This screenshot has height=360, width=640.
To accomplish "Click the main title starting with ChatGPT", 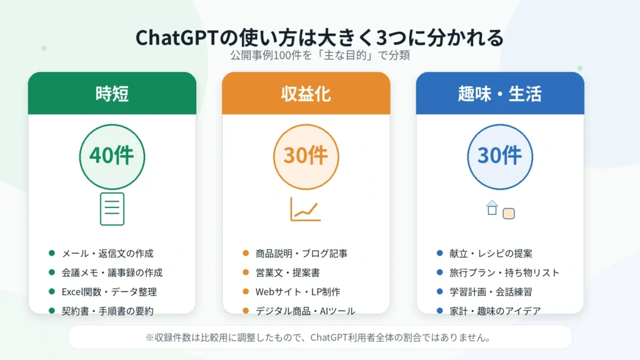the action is (319, 37).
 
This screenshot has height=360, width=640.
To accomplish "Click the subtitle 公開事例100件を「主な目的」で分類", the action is (319, 55).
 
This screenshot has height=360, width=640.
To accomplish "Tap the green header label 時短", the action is (112, 94).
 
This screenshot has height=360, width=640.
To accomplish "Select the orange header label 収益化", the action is (306, 94).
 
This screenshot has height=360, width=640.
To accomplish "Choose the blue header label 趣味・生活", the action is (499, 94).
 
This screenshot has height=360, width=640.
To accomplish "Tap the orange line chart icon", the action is (305, 209).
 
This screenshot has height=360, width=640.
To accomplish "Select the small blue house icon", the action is (492, 207).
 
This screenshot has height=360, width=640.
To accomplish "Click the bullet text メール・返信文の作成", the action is (107, 254).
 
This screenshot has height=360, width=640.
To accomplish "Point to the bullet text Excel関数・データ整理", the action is (109, 292).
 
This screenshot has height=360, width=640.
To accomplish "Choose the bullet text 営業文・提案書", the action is (287, 272).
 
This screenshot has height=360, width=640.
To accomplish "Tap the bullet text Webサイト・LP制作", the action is (297, 292).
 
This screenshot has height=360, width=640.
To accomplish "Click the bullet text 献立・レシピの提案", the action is (491, 254).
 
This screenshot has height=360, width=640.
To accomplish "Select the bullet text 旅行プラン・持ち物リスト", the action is (504, 272).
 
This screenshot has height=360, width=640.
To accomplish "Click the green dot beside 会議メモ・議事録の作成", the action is (52, 272).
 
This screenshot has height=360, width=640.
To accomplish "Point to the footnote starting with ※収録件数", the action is (318, 337).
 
